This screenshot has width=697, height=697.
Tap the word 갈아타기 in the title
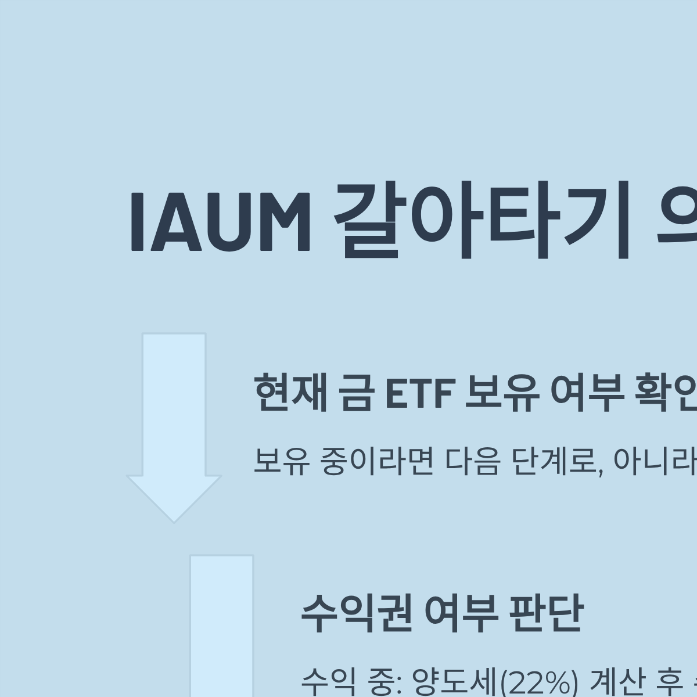coord(482,222)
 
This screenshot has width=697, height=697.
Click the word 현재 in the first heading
coord(290,393)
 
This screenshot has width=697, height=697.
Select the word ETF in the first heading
coord(419,393)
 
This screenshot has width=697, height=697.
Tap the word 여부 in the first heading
coord(586,393)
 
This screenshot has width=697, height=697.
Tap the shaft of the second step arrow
coord(221,627)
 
